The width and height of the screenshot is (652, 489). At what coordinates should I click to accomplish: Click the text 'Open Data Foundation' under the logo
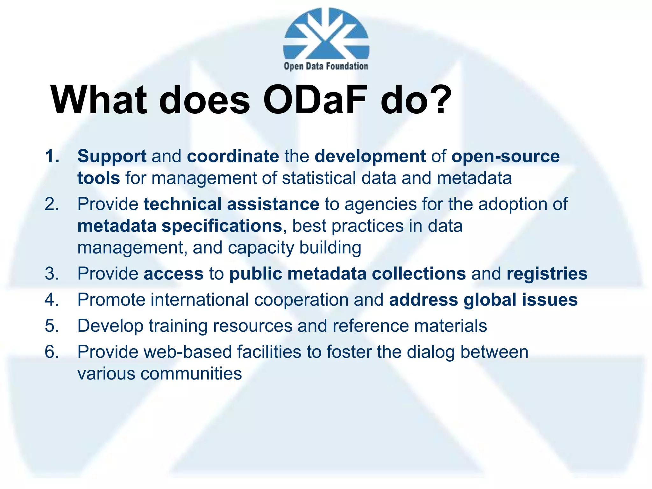326,66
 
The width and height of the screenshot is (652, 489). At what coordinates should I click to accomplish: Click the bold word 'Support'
112,157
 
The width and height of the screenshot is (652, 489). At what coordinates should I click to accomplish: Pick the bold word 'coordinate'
233,156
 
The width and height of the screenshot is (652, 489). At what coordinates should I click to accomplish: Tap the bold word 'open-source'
506,157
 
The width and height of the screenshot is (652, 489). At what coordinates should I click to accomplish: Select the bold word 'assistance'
273,204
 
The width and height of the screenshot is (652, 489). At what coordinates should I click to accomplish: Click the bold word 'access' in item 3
174,274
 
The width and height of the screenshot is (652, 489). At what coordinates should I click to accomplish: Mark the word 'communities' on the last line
191,374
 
